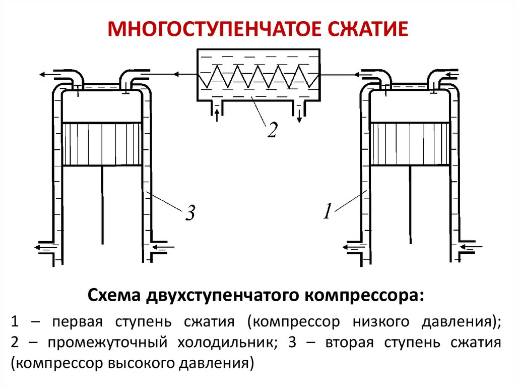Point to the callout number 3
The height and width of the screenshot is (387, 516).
(x=189, y=214)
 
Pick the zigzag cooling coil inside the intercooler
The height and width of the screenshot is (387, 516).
(x=257, y=75)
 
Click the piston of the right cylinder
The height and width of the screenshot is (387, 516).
(x=409, y=144)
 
